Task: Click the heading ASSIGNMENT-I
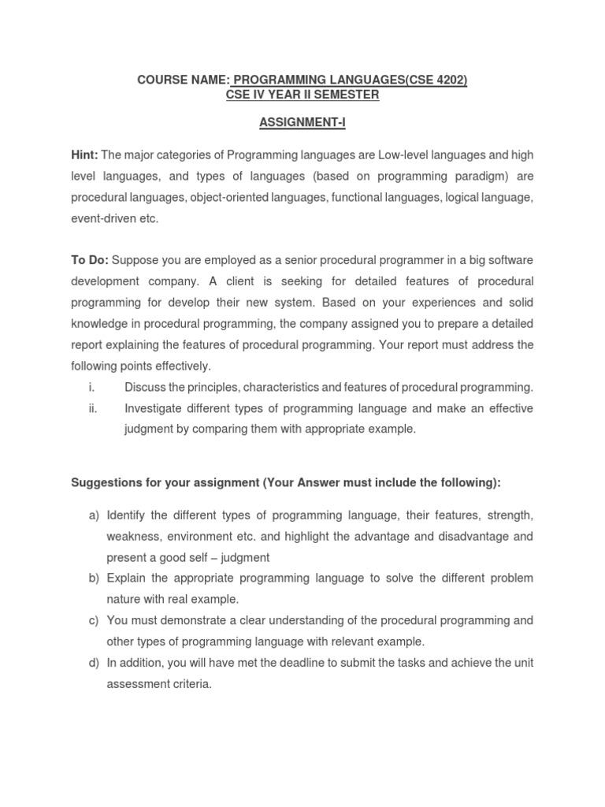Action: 302,124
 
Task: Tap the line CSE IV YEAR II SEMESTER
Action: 302,95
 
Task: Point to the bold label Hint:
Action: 84,155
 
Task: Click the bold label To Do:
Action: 90,261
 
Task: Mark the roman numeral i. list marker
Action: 91,387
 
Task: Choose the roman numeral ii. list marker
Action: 92,408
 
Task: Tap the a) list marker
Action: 94,515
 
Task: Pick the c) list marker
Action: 94,620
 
